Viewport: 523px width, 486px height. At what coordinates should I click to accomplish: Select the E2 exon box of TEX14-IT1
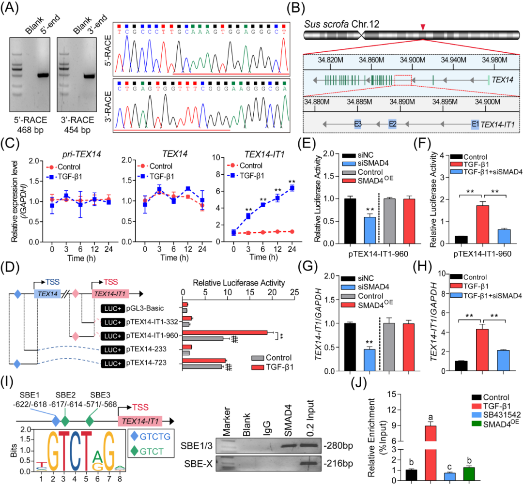(392, 124)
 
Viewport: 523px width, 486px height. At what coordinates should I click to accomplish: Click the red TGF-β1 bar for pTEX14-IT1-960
(225, 333)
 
